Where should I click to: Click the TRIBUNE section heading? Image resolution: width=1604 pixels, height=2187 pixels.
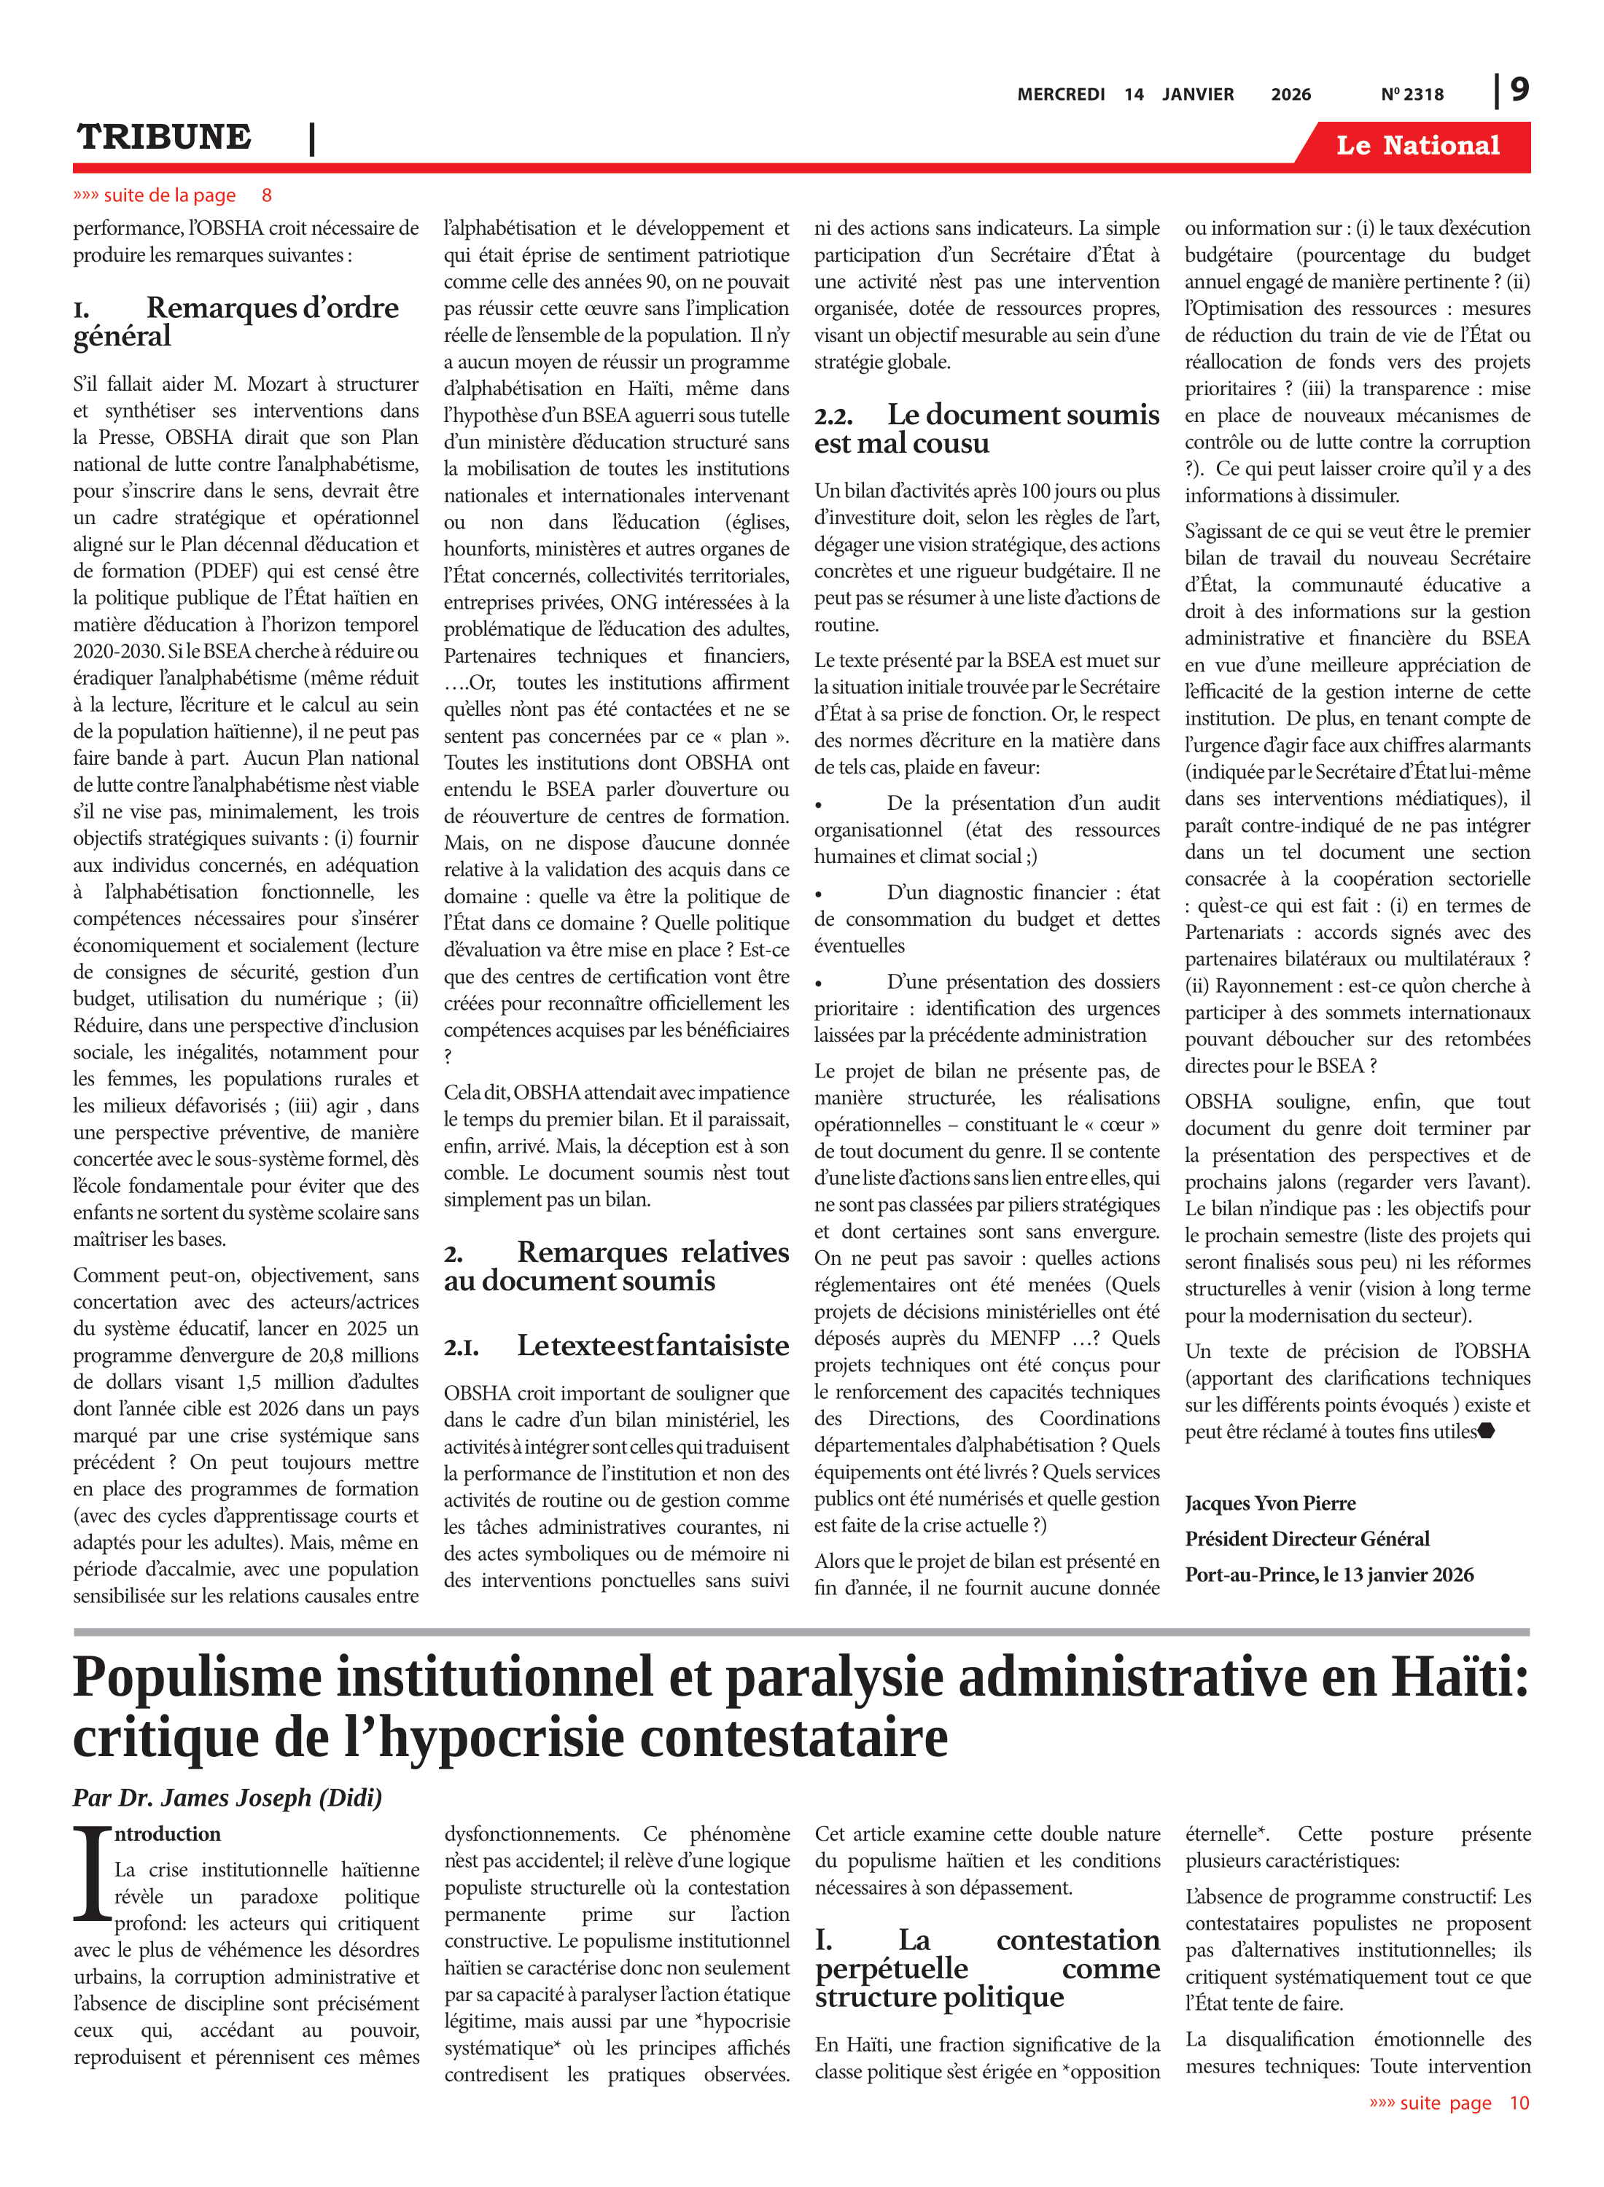click(x=164, y=138)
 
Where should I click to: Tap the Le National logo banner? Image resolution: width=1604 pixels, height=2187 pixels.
click(x=1417, y=146)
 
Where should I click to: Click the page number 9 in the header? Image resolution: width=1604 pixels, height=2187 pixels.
click(x=1519, y=90)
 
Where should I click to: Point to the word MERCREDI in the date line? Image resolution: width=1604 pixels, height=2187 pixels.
click(x=1060, y=94)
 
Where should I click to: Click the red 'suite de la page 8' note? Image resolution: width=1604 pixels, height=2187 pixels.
click(x=172, y=195)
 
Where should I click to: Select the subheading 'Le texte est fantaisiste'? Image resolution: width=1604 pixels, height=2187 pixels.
click(x=617, y=1346)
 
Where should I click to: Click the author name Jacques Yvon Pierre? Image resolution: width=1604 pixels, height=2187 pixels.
click(x=1270, y=1504)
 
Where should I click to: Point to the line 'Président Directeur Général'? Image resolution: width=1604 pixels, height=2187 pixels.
click(x=1307, y=1539)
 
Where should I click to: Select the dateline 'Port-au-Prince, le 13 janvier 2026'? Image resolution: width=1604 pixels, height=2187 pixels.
click(x=1328, y=1575)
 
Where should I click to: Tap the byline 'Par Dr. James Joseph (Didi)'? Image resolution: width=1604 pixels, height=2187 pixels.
click(x=227, y=1797)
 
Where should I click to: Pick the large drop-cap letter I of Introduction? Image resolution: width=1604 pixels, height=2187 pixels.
click(x=93, y=1873)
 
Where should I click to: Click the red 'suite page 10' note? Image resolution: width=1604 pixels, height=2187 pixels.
click(x=1449, y=2102)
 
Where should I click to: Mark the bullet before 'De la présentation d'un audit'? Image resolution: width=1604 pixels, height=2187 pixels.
click(x=819, y=805)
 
